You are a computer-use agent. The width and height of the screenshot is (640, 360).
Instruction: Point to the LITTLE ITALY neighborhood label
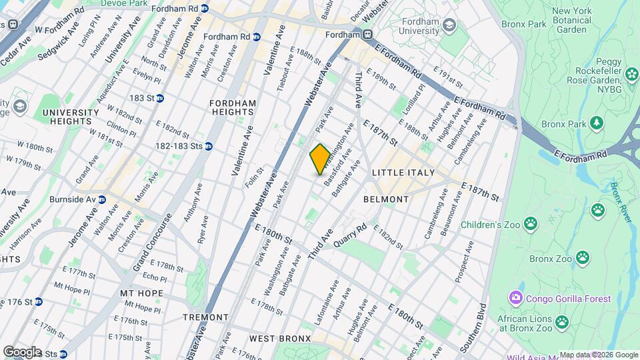coord(403,173)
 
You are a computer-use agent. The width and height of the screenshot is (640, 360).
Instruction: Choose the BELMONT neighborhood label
coord(386,199)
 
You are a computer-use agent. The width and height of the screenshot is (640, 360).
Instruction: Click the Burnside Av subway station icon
coord(102,199)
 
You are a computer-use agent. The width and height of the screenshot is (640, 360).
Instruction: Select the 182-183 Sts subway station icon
coord(209,146)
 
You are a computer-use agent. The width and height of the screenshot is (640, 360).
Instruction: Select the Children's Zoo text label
coord(488,225)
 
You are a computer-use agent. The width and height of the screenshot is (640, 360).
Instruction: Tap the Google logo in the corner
coord(22,351)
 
